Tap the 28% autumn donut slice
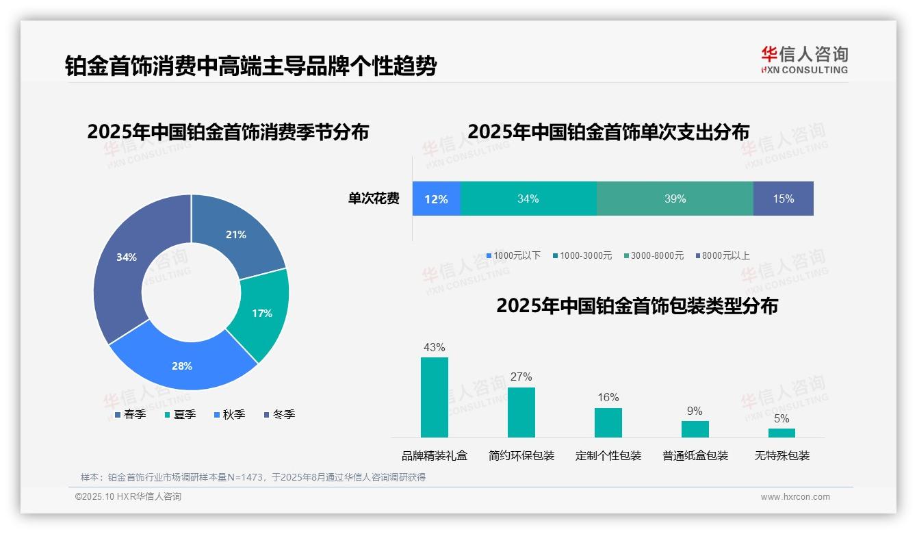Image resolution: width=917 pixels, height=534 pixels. click(x=182, y=366)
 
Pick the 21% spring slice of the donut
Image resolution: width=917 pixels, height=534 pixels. click(x=236, y=235)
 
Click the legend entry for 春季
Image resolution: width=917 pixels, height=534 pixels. click(x=130, y=414)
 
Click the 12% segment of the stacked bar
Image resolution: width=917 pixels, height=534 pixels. click(x=436, y=199)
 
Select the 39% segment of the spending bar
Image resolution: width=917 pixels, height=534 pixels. click(x=675, y=199)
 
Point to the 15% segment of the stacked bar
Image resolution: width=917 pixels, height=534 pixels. click(x=783, y=199)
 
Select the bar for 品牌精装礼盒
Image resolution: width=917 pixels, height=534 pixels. click(x=434, y=397)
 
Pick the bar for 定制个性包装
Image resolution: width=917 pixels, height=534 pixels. click(x=608, y=422)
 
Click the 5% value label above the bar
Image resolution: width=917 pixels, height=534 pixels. click(x=782, y=418)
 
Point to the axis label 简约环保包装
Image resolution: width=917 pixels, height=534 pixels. click(x=521, y=455)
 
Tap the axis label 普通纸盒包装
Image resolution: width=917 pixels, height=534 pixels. click(x=695, y=455)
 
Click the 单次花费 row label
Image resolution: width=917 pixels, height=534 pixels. click(x=374, y=199)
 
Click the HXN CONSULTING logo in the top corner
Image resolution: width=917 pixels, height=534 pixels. click(x=804, y=60)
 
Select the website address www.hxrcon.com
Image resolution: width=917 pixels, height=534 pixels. click(x=795, y=497)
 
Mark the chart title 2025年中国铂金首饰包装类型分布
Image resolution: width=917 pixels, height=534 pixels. click(x=637, y=305)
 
